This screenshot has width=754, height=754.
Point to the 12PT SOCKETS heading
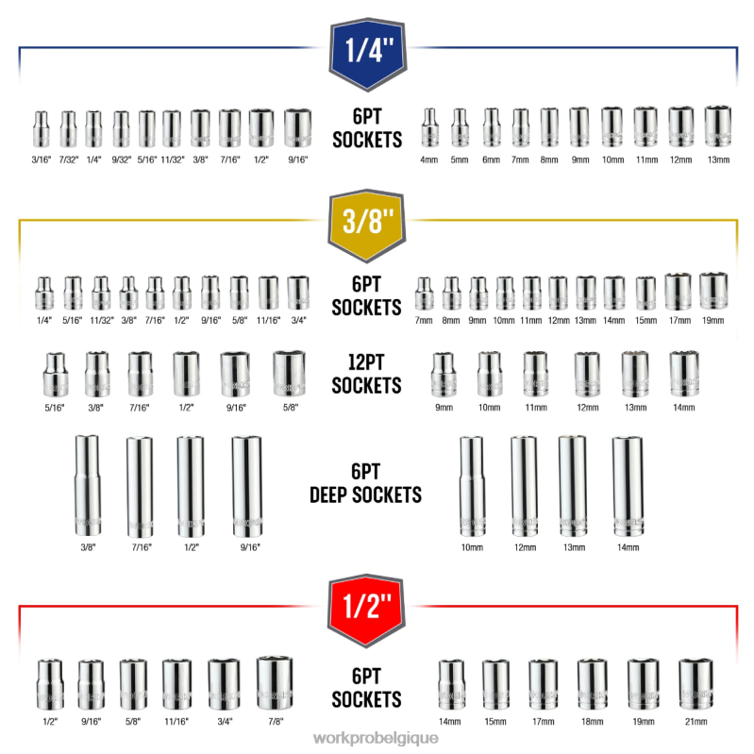[367, 377]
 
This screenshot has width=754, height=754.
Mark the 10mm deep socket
[471, 487]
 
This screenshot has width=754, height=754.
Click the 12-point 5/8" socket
[290, 375]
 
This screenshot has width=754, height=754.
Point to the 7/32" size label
[68, 159]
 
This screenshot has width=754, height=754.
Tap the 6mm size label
[491, 160]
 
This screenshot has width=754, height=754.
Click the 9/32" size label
[121, 159]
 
